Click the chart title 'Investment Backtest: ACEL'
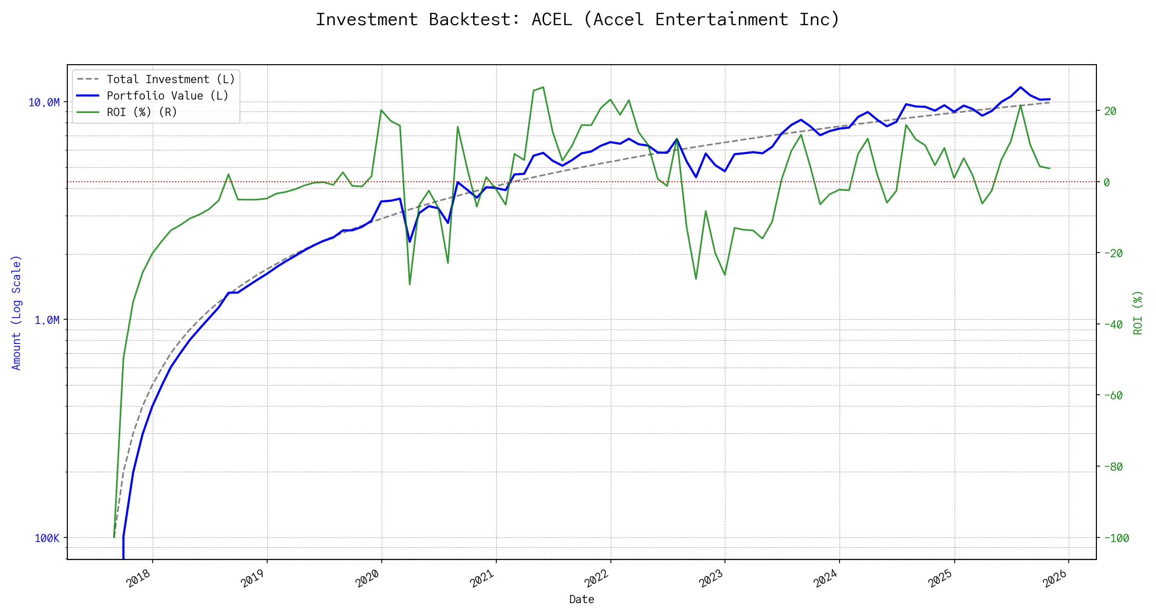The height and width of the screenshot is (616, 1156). (x=577, y=20)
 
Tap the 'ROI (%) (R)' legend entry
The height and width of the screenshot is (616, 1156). (x=142, y=112)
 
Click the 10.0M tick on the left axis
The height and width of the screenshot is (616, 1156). (x=44, y=103)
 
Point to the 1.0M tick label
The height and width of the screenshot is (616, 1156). (x=47, y=320)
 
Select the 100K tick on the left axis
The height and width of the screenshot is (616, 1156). (x=47, y=538)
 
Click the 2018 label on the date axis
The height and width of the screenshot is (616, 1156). (x=139, y=579)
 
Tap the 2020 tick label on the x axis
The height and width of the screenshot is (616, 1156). (x=368, y=579)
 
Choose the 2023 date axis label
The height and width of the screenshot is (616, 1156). (x=712, y=579)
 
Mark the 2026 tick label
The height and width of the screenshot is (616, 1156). (x=1055, y=579)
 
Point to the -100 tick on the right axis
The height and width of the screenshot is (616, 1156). (x=1116, y=538)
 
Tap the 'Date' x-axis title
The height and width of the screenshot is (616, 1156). (x=582, y=600)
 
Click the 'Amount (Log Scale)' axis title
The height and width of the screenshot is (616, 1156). (x=16, y=313)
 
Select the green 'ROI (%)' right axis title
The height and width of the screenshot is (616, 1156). (x=1138, y=313)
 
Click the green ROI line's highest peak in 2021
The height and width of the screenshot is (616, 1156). (x=543, y=87)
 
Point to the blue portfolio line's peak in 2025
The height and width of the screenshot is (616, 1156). (x=1020, y=87)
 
